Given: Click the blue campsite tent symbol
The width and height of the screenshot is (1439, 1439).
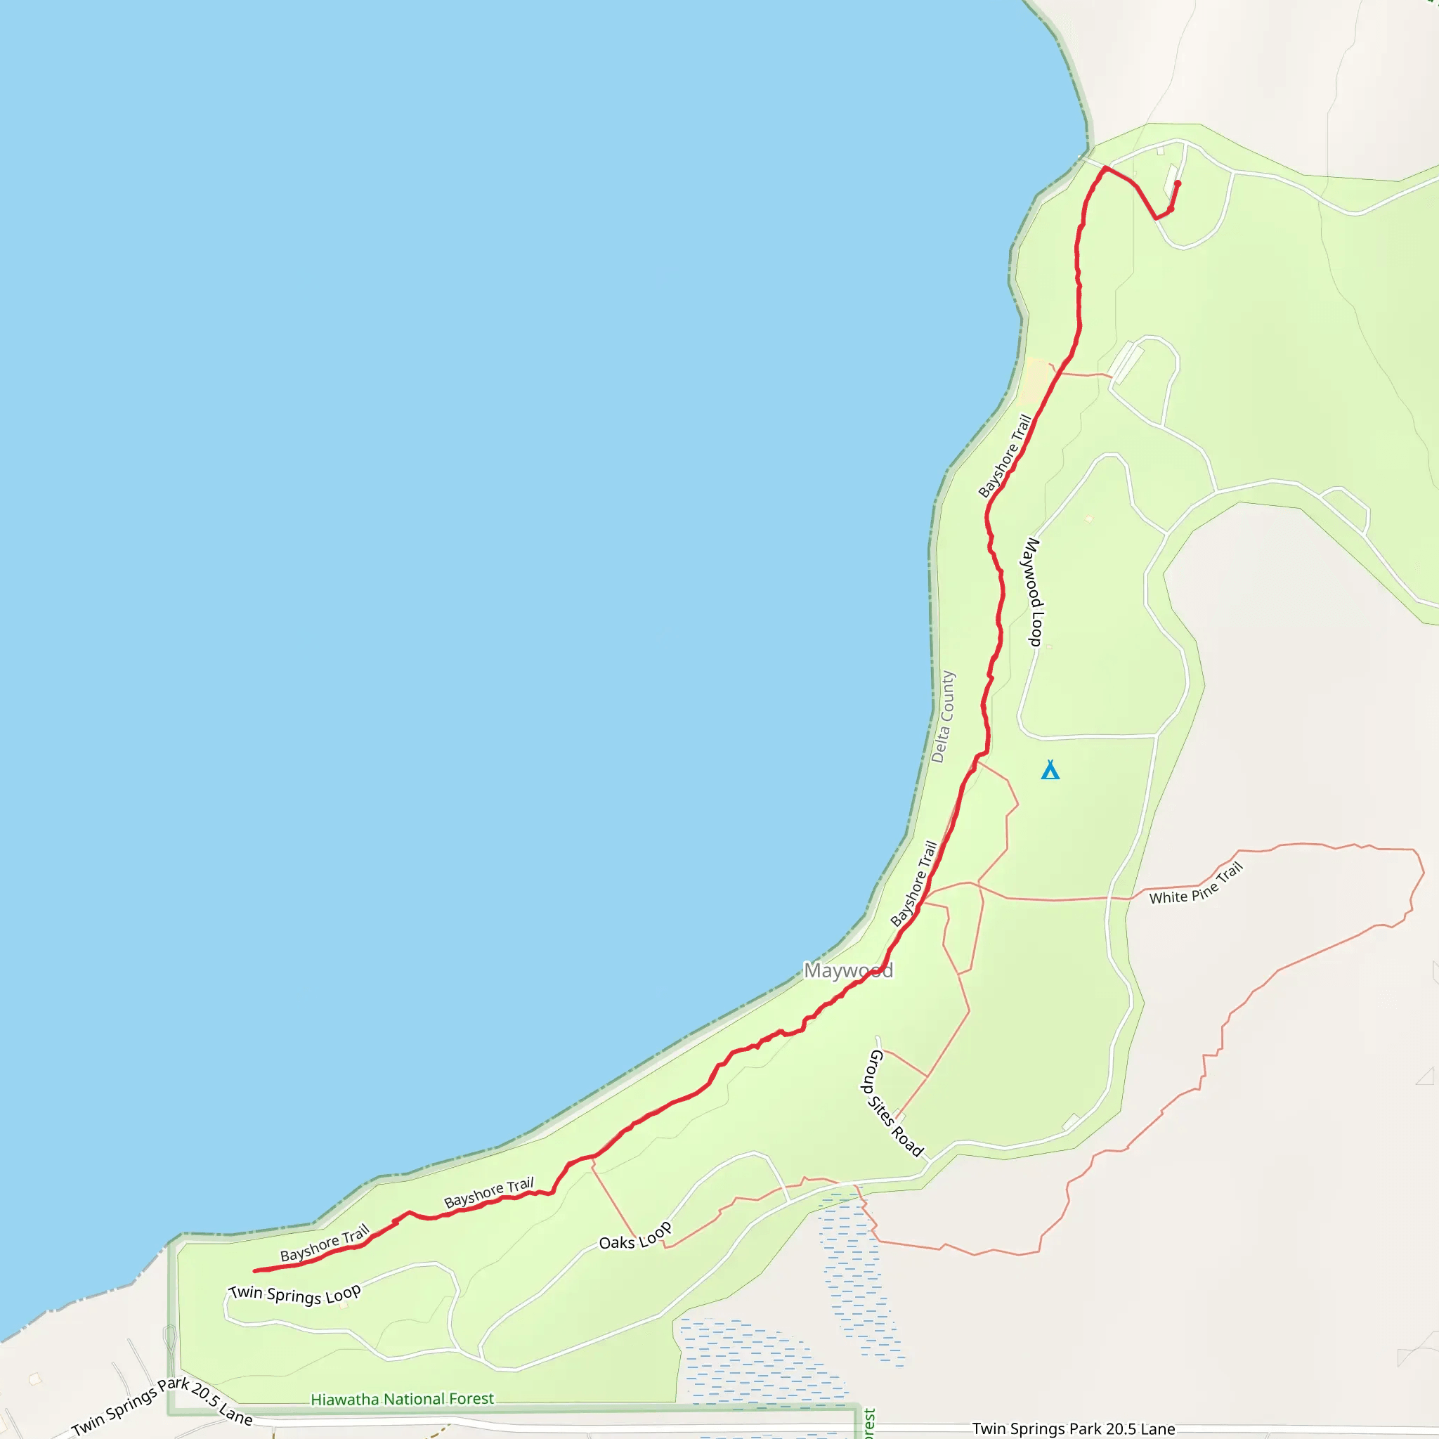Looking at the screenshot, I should (x=1050, y=770).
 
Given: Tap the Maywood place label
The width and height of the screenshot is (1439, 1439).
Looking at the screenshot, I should (x=848, y=970).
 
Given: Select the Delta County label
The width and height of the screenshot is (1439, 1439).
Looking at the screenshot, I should (x=943, y=717).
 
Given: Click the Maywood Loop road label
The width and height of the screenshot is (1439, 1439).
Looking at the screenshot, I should (x=1034, y=592).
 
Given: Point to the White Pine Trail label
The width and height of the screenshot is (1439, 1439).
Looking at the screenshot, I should (x=1196, y=884).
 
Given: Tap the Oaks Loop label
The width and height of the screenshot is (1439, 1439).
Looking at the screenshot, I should (x=635, y=1237).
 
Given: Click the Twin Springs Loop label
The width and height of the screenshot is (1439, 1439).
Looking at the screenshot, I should (x=295, y=1294).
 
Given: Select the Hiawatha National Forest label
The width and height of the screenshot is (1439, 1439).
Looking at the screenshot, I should (x=402, y=1400).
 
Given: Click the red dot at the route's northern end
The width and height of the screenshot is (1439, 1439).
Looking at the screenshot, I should (x=1178, y=183).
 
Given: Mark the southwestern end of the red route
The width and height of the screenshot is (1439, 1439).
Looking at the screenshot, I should (x=256, y=1270).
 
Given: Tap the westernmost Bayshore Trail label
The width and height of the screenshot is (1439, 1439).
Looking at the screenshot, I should (x=325, y=1243).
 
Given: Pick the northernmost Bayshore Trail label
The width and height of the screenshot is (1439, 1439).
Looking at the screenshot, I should (x=1005, y=456).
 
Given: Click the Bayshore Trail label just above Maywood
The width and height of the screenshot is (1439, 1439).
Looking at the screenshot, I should (x=914, y=883).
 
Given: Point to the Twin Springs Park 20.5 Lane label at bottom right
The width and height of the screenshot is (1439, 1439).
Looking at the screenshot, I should (x=1074, y=1428).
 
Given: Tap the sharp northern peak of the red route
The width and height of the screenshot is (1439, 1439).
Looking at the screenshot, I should (x=1105, y=169).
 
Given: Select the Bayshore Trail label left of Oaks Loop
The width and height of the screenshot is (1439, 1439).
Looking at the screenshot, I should (x=488, y=1192).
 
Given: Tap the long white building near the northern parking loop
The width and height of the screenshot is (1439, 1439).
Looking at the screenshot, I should (x=1126, y=362).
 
